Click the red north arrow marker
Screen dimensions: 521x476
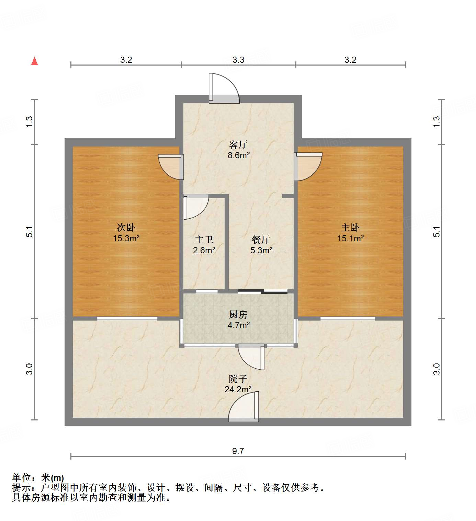click(34, 61)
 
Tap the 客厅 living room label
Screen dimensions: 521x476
click(238, 144)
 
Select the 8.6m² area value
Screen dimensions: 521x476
click(238, 155)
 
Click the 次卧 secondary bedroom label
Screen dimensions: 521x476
click(126, 227)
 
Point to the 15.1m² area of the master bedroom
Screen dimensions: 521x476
click(350, 238)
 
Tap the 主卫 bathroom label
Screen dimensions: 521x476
click(204, 240)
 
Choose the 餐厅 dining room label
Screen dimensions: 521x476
click(261, 240)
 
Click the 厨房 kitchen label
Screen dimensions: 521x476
click(238, 314)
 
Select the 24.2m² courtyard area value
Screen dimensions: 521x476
click(238, 390)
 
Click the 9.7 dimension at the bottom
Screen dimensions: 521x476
click(238, 451)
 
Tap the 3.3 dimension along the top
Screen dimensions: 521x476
click(238, 60)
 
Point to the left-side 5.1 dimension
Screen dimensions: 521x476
click(30, 232)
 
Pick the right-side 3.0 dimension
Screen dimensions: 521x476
click(437, 369)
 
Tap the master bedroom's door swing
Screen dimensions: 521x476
click(308, 166)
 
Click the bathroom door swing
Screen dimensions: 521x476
click(196, 207)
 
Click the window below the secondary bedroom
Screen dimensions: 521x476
click(127, 319)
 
